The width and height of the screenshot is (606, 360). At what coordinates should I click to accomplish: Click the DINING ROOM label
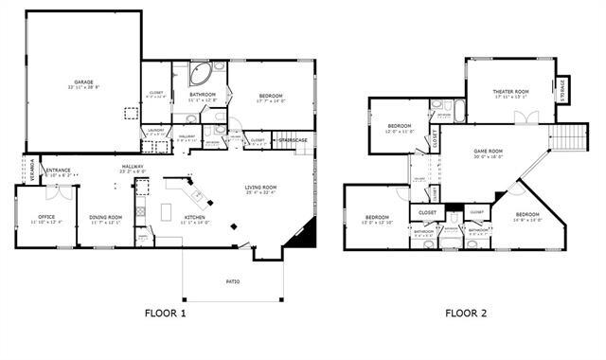tap(106, 217)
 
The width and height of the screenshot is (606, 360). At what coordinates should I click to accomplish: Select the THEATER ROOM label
tap(509, 91)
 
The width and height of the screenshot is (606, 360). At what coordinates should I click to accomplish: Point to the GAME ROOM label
tap(489, 151)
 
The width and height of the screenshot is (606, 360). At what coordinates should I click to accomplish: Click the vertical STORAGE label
tap(562, 89)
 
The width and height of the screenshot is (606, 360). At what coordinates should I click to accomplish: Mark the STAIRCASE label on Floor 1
tap(293, 140)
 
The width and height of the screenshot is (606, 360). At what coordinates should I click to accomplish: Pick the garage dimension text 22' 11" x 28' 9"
tap(83, 87)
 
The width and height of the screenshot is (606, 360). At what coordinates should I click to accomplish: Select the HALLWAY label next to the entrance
tap(132, 169)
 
